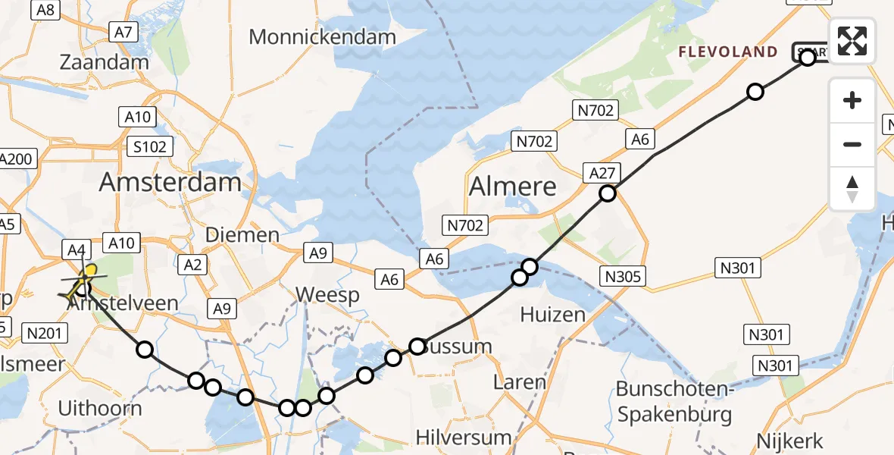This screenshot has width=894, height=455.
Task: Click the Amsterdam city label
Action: click(x=170, y=182)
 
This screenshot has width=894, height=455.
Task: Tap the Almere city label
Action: click(x=513, y=186)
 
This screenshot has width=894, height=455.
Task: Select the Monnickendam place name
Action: click(x=322, y=36)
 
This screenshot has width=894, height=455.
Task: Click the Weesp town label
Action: click(x=327, y=295)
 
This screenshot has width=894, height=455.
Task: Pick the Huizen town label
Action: click(x=553, y=315)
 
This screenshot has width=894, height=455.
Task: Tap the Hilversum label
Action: click(x=463, y=438)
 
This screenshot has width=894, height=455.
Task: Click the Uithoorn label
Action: click(x=100, y=409)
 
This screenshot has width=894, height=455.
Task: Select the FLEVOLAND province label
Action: click(x=727, y=52)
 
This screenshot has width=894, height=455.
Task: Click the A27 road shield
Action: click(x=602, y=173)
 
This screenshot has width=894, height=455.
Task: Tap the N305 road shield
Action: click(x=624, y=276)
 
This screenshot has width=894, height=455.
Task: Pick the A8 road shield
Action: click(x=46, y=9)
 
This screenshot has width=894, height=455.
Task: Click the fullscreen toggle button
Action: click(x=852, y=40)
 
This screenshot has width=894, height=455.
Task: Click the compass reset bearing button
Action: click(x=852, y=188)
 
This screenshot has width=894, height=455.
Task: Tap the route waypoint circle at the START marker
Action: click(x=807, y=57)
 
